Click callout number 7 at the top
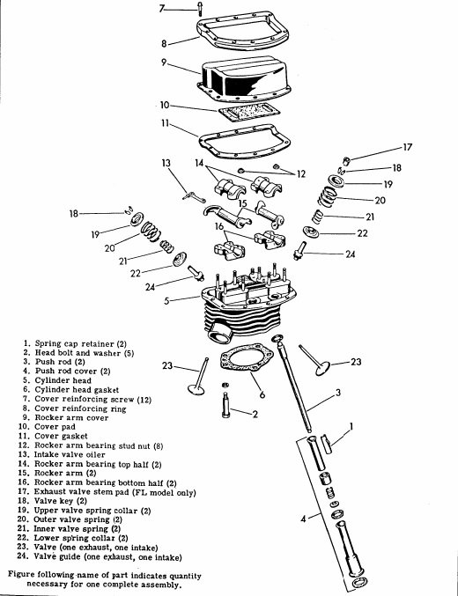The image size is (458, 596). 162,9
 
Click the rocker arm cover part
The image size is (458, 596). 246,85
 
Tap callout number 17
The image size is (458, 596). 407,147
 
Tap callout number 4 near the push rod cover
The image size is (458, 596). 305,519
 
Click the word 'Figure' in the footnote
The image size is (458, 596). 26,573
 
